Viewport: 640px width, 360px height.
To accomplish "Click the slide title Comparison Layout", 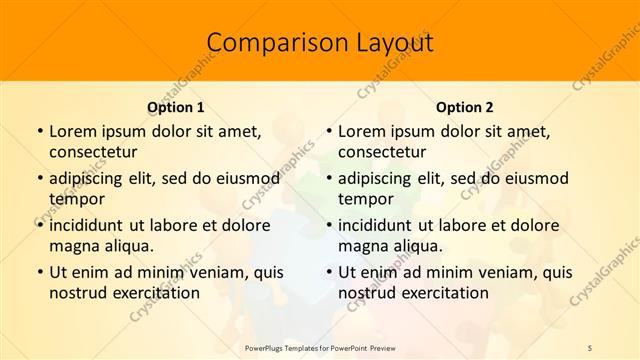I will (320, 43).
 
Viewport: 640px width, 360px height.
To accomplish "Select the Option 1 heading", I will (175, 107).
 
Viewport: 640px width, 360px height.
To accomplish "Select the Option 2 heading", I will (464, 107).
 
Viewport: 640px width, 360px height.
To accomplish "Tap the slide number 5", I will (590, 347).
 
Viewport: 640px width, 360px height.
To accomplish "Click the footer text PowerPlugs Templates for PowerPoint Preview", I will (320, 347).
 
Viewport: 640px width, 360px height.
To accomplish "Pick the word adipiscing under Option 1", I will (89, 178).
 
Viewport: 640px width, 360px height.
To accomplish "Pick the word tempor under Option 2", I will (366, 199).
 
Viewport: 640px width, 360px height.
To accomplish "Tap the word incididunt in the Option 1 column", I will (91, 225).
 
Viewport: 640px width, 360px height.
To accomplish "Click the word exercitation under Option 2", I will (442, 293).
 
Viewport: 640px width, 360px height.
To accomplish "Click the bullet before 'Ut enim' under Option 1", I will (39, 272).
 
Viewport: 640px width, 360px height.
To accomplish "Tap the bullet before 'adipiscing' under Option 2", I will (328, 178).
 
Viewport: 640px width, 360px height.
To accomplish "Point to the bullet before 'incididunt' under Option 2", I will (328, 225).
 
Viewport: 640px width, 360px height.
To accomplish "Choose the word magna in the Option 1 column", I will (74, 246).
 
